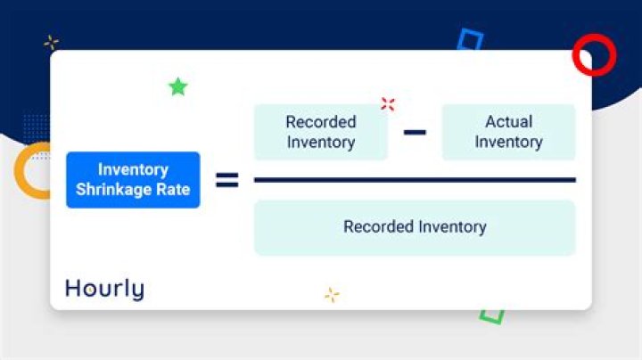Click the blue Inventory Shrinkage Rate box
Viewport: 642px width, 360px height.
(x=133, y=179)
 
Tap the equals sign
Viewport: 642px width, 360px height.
(x=227, y=181)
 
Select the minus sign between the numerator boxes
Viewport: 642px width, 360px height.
(x=415, y=133)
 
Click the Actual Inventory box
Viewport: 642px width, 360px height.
(x=508, y=132)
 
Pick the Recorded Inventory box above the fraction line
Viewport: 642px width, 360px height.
(x=321, y=132)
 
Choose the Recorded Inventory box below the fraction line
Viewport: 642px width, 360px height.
(x=415, y=227)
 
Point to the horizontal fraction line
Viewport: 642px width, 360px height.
(x=415, y=180)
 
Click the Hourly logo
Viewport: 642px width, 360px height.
(x=104, y=289)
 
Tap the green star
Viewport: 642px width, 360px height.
(x=178, y=86)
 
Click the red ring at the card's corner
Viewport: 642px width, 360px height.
(x=594, y=55)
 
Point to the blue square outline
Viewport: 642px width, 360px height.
(x=470, y=40)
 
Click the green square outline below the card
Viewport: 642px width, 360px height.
(x=491, y=315)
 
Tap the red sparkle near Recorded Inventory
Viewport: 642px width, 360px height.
(x=387, y=103)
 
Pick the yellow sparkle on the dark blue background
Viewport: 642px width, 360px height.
(x=51, y=42)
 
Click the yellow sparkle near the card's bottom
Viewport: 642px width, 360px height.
(x=332, y=295)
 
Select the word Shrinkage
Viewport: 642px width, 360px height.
(x=113, y=189)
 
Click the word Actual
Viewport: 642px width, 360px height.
(x=508, y=122)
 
